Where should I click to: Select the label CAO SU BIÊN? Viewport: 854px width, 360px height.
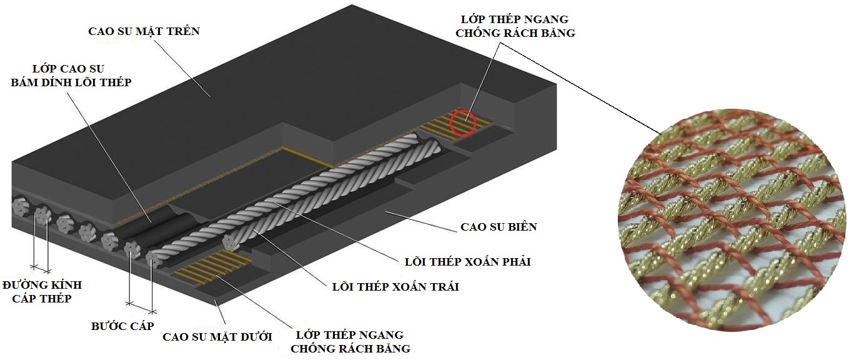[498, 227]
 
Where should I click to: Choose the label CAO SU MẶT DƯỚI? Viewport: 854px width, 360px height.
[217, 337]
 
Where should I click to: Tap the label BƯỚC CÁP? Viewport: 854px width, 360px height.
[122, 326]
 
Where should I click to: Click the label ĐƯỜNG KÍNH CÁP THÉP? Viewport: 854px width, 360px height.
[42, 292]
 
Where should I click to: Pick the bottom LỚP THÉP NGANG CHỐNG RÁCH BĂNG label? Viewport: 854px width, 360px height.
[350, 342]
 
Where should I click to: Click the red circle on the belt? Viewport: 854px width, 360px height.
[463, 121]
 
